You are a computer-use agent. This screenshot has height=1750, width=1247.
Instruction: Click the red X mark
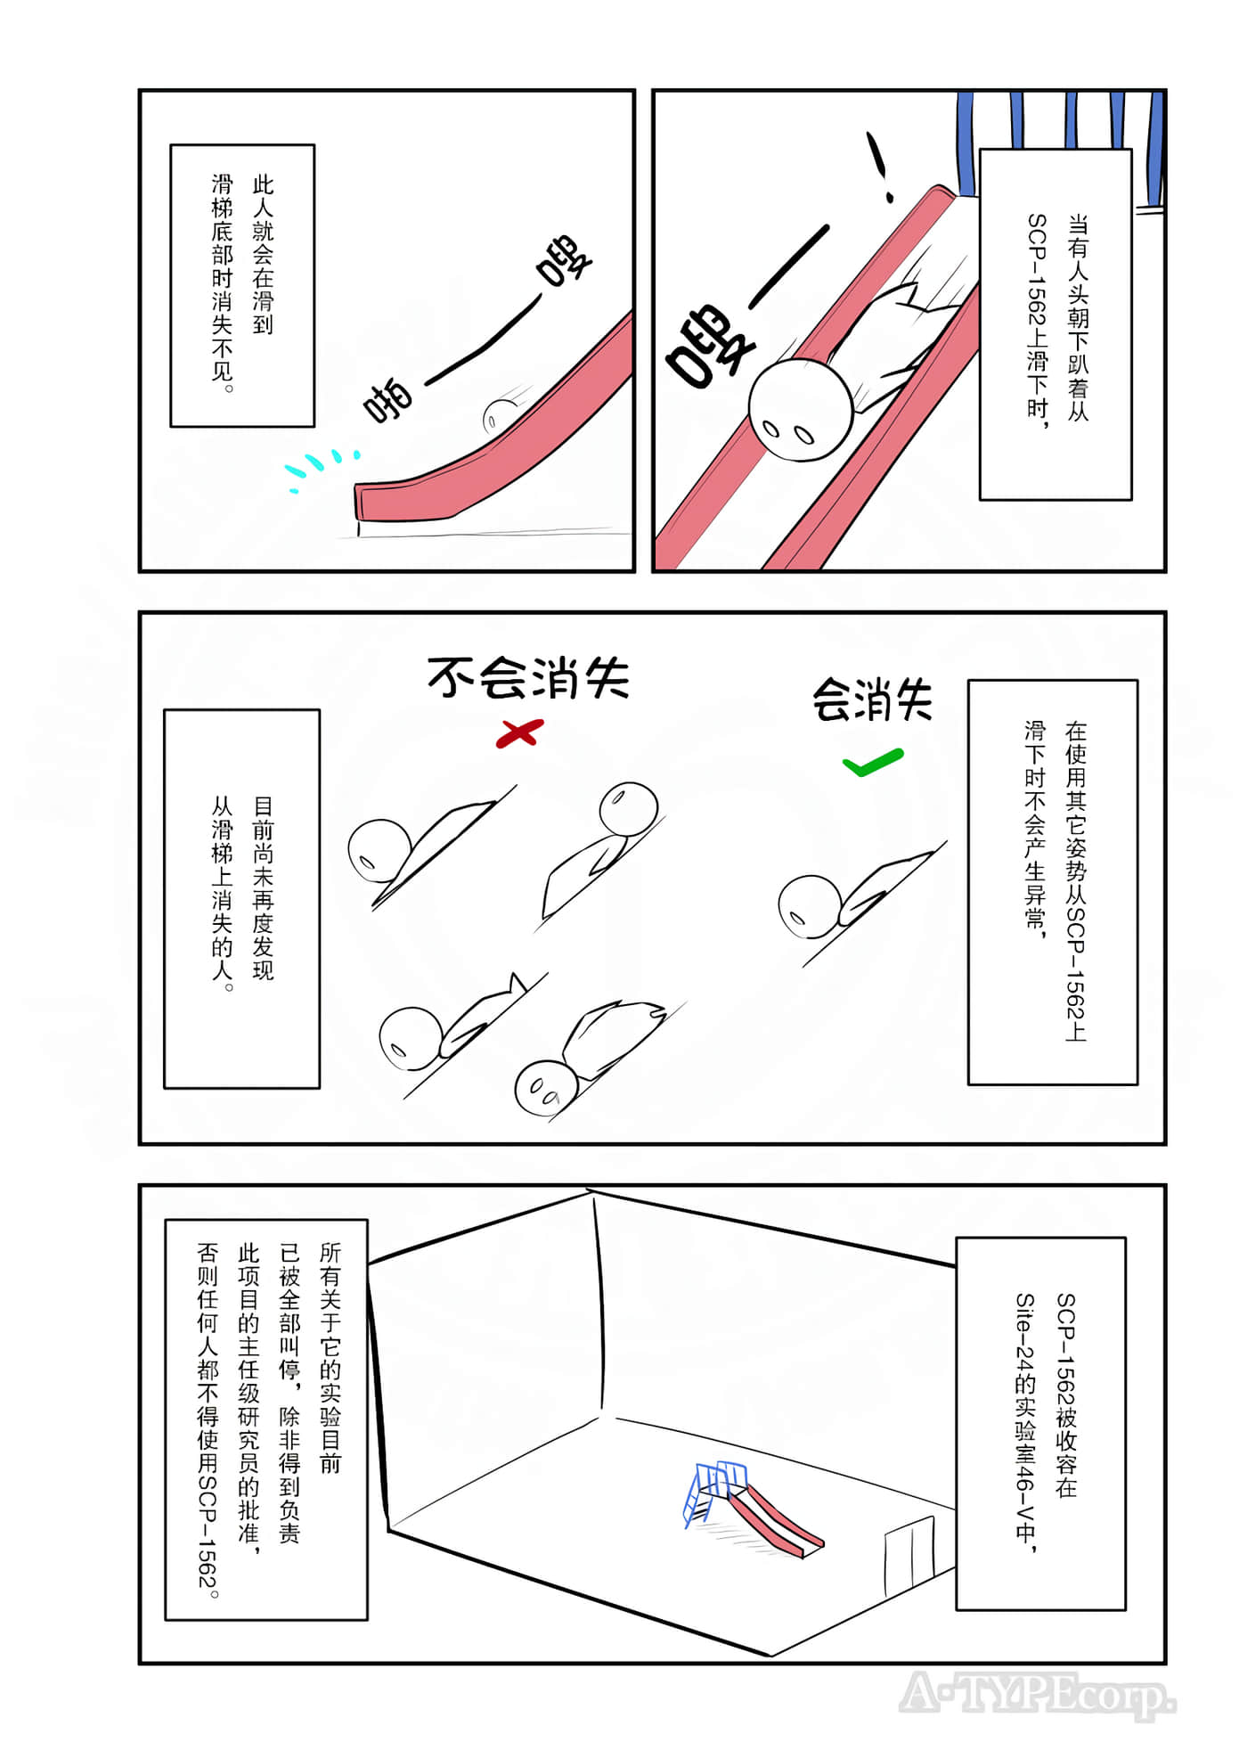point(519,733)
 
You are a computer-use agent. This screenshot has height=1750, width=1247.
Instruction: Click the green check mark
point(872,762)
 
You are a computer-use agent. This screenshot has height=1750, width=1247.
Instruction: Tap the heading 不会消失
point(528,679)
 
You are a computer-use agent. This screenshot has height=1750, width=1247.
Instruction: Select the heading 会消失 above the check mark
point(872,700)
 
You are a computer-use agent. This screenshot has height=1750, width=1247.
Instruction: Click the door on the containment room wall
point(909,1554)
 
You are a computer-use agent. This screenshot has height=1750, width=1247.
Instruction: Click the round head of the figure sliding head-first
point(798,409)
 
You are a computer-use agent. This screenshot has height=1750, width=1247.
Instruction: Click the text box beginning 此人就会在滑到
point(242,285)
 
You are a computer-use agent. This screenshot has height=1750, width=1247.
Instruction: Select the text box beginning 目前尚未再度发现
point(241,898)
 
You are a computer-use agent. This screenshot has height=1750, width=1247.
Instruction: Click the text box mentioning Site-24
point(1040,1423)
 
